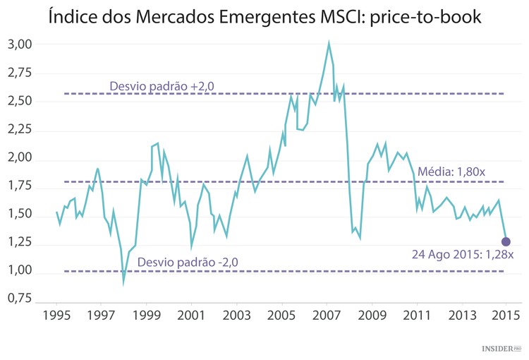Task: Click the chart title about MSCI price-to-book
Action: [x=264, y=16]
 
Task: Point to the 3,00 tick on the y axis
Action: [x=20, y=44]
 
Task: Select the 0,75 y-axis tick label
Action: [x=20, y=299]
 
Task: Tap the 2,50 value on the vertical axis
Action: [x=20, y=101]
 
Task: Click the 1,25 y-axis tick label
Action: [x=20, y=242]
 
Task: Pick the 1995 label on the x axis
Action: [x=56, y=315]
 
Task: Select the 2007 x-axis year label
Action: [x=327, y=315]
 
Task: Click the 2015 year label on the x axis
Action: [x=506, y=315]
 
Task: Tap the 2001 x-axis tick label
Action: [x=191, y=315]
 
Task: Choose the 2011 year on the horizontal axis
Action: [x=417, y=315]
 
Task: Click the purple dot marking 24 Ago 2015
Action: [x=506, y=242]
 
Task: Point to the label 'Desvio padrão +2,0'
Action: [x=162, y=86]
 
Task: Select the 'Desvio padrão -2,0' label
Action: [x=188, y=262]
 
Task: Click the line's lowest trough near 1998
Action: [x=123, y=282]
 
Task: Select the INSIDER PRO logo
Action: [x=501, y=349]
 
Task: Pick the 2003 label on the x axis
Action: [x=236, y=315]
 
